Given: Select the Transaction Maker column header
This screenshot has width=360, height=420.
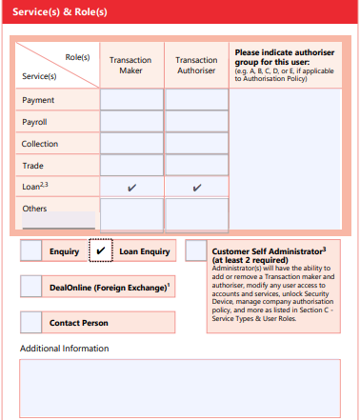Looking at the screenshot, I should pyautogui.click(x=131, y=65).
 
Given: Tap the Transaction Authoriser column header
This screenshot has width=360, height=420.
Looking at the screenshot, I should pyautogui.click(x=197, y=65).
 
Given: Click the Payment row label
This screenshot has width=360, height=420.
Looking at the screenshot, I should pyautogui.click(x=38, y=100).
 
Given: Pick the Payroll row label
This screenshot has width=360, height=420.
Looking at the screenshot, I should pyautogui.click(x=35, y=122).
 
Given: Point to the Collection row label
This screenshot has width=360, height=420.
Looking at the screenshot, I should pyautogui.click(x=40, y=144).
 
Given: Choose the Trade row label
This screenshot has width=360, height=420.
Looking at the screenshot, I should pyautogui.click(x=32, y=165).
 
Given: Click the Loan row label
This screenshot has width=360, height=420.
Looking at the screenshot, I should pyautogui.click(x=34, y=187).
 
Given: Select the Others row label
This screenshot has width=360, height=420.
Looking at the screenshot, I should pyautogui.click(x=34, y=208).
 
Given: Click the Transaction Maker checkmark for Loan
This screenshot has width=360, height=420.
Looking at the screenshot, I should pyautogui.click(x=131, y=188).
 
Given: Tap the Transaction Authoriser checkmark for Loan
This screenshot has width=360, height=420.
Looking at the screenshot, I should pyautogui.click(x=197, y=188).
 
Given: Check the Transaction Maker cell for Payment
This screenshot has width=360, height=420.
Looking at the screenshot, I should pyautogui.click(x=131, y=100).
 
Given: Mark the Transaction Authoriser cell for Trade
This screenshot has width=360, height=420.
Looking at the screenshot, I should pyautogui.click(x=197, y=165).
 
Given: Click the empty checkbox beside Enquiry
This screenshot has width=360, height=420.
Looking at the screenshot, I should pyautogui.click(x=30, y=250).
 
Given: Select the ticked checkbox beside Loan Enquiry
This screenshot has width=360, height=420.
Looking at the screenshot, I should pyautogui.click(x=100, y=250).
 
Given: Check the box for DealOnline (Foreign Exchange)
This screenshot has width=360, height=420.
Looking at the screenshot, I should pyautogui.click(x=30, y=287).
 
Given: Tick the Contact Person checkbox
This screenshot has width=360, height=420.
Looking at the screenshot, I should pyautogui.click(x=30, y=323).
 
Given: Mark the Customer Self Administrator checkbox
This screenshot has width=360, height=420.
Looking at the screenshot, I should pyautogui.click(x=195, y=250).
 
